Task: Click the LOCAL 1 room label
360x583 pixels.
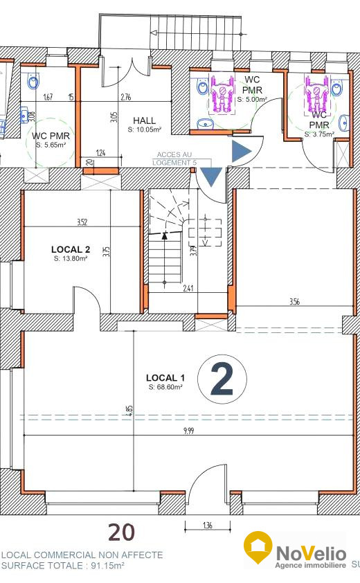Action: [x=165, y=378]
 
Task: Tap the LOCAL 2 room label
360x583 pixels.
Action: [x=71, y=249]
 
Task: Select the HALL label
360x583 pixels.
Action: [x=144, y=120]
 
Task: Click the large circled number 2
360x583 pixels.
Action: [x=222, y=379]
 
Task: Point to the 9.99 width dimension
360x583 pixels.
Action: [x=188, y=431]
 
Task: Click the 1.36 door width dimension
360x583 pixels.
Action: [x=208, y=526]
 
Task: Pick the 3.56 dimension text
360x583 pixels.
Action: [x=294, y=301]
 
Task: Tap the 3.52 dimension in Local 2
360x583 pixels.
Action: [x=82, y=222]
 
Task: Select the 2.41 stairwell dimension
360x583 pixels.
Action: [x=188, y=288]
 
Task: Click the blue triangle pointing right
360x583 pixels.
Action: [x=241, y=152]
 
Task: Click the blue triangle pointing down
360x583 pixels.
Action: [x=211, y=177]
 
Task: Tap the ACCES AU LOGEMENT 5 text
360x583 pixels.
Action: [x=174, y=159]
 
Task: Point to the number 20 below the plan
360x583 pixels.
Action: [x=121, y=532]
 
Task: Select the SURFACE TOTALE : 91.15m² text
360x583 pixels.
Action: [x=62, y=566]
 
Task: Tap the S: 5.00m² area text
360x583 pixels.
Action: [x=252, y=100]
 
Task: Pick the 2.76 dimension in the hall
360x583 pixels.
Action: [x=126, y=98]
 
